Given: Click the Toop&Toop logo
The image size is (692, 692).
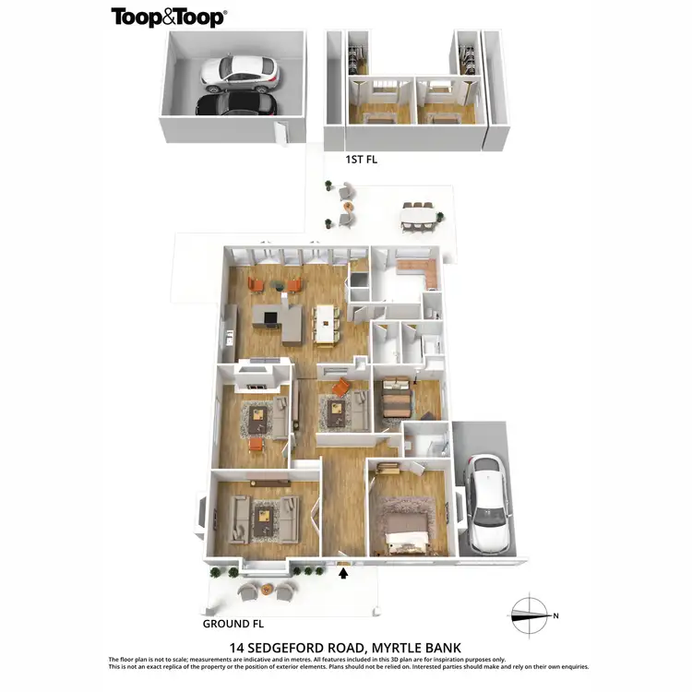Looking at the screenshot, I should pos(169,17).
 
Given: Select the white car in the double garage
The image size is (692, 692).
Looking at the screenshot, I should pos(239,71).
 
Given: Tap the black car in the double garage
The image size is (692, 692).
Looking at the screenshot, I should pos(237,102).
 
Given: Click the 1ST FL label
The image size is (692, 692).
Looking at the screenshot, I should pos(362,160).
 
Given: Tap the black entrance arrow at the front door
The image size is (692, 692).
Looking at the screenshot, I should pos(344,574).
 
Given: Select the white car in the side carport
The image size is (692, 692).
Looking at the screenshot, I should pos(486,503).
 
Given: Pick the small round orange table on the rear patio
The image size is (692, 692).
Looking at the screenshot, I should pos(347,207).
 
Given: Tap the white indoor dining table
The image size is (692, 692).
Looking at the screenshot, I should pos(327,323).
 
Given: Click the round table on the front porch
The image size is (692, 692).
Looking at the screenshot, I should pos(266,588).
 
